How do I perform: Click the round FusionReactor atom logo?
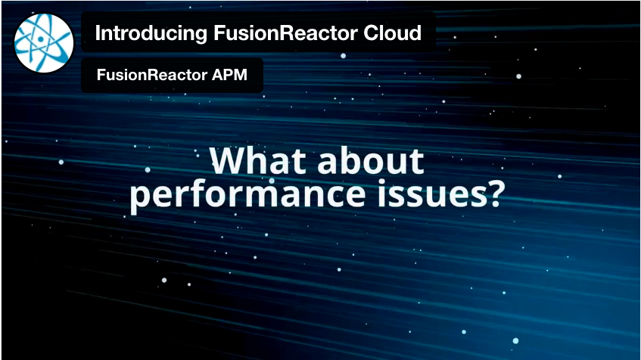44,43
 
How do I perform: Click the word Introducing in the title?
151,33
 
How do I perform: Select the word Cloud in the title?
393,33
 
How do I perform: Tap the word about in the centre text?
370,160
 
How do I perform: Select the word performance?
247,195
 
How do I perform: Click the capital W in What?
230,160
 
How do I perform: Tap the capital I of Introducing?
98,33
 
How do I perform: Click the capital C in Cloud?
371,33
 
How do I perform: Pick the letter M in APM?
241,75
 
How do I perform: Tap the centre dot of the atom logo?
41,39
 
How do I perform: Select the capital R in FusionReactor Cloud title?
286,33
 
